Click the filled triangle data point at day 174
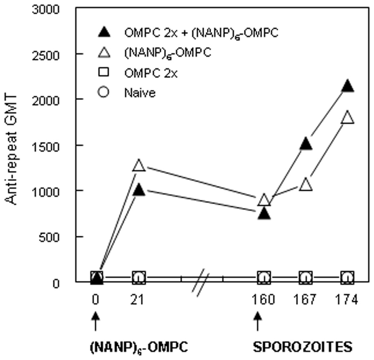347,85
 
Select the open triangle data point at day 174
347,117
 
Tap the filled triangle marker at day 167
306,144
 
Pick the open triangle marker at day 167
306,184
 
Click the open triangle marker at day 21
139,165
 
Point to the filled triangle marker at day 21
139,190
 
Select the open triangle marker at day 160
264,200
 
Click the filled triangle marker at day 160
264,214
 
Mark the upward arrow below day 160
257,321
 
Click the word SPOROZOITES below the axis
303,347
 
